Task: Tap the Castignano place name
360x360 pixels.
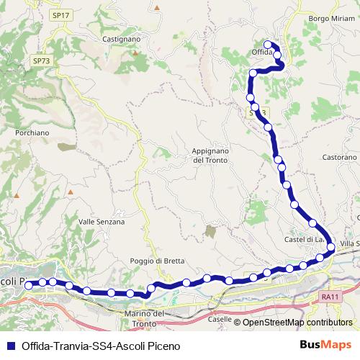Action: click(x=115, y=38)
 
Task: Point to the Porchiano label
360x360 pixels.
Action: click(x=32, y=132)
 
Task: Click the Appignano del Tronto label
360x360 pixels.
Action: click(x=210, y=156)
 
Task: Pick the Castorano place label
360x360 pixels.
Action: click(x=340, y=156)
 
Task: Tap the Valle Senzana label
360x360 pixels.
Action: click(x=102, y=222)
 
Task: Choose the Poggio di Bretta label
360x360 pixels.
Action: click(x=158, y=261)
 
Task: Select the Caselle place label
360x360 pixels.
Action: click(x=219, y=318)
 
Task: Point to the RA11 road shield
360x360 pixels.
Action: click(x=330, y=296)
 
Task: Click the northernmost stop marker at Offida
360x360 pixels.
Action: click(x=267, y=45)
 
